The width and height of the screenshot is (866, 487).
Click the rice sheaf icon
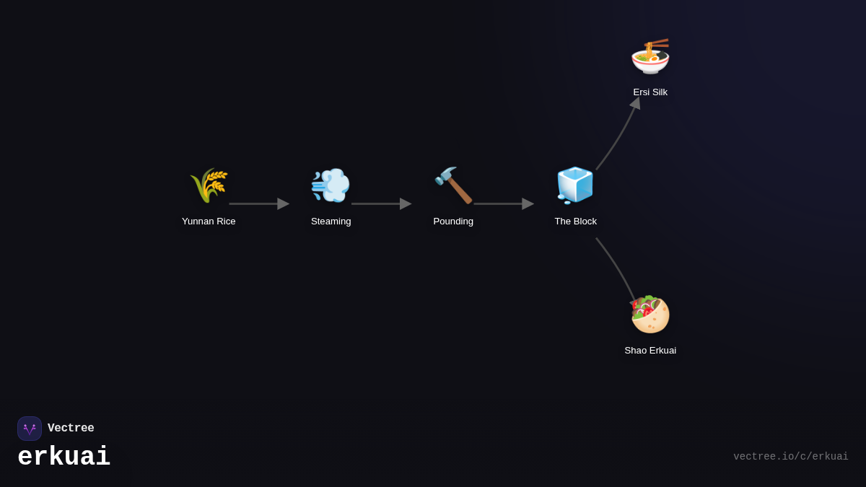(209, 185)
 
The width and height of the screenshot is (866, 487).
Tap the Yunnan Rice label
(209, 221)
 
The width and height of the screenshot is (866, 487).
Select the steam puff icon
(331, 185)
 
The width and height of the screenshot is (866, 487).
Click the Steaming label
(331, 221)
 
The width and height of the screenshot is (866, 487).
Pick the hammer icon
(453, 185)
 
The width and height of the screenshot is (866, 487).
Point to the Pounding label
(453, 221)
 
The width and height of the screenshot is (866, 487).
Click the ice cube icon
(575, 185)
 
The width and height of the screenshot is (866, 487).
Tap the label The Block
(576, 221)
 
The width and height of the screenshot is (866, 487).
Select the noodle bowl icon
(650, 56)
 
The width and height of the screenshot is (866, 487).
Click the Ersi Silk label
(650, 92)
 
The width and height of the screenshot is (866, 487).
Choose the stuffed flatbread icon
(650, 315)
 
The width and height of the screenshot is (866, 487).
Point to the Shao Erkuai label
(650, 351)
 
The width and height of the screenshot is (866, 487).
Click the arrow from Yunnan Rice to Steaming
(258, 204)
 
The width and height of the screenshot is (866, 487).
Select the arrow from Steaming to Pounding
(380, 204)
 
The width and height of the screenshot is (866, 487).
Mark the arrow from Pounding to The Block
(503, 204)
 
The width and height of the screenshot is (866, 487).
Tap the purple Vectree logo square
(30, 429)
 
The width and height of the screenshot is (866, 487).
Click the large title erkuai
(64, 457)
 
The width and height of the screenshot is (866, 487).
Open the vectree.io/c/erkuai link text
(790, 457)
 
